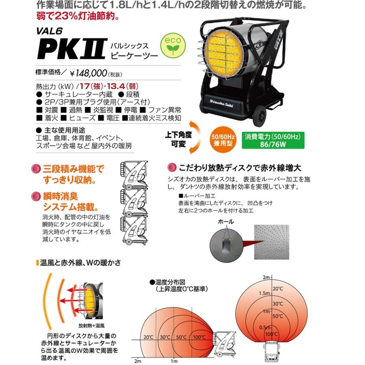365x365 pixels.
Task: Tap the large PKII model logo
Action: [x=71, y=49]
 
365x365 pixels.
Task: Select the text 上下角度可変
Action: [x=178, y=140]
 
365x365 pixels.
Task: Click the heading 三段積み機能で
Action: [x=73, y=169]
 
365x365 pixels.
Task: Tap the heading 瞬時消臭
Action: [x=60, y=197]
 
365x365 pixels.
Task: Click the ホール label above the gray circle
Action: [x=225, y=221]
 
